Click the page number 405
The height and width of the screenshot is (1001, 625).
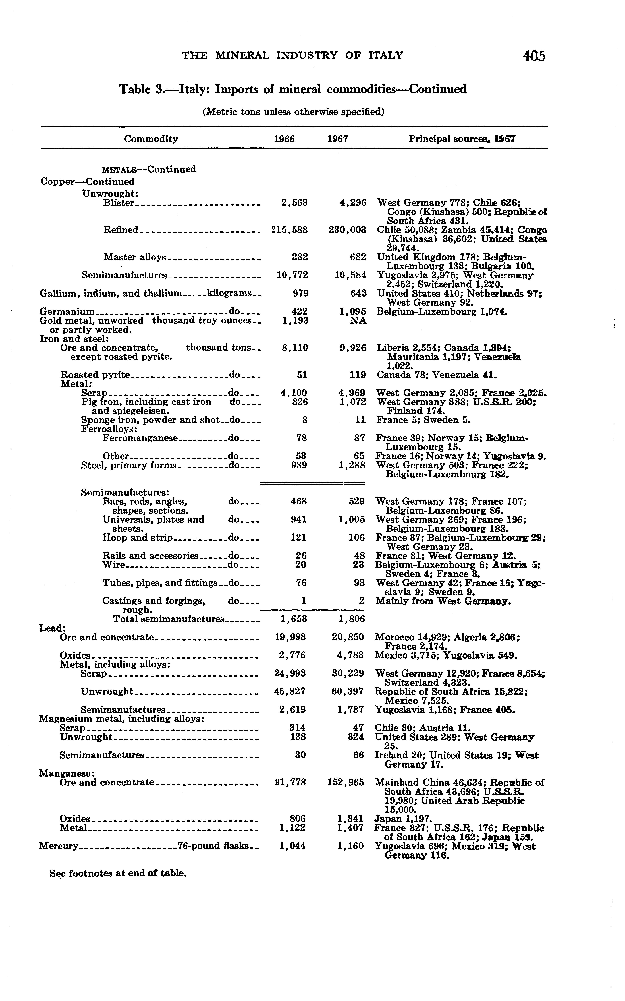534,56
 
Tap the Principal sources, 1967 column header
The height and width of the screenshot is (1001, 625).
462,139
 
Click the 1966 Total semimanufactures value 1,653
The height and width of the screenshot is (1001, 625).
292,619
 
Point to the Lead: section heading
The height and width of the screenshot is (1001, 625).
50,628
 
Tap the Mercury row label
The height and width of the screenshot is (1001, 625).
59,846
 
